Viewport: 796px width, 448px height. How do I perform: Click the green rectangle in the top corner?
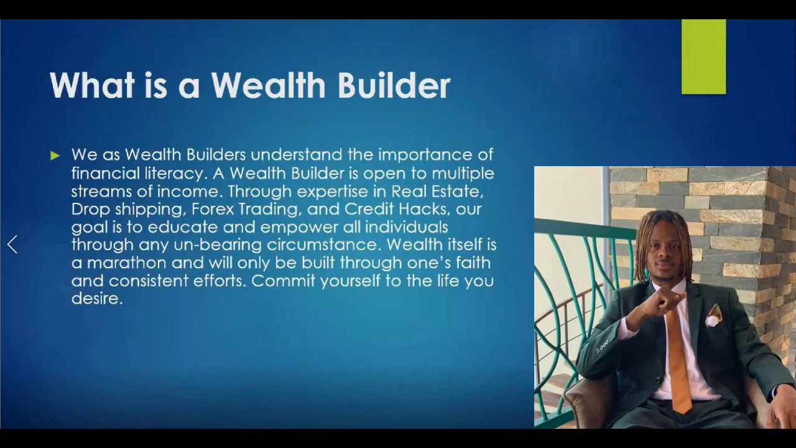[x=703, y=57]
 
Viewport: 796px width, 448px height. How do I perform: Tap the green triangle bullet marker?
[x=55, y=156]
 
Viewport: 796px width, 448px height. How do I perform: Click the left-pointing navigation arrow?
[x=12, y=245]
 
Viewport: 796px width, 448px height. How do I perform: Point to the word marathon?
[x=127, y=263]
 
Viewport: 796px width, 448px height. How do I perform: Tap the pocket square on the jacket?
[x=713, y=316]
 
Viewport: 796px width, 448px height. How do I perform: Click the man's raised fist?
[x=664, y=302]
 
